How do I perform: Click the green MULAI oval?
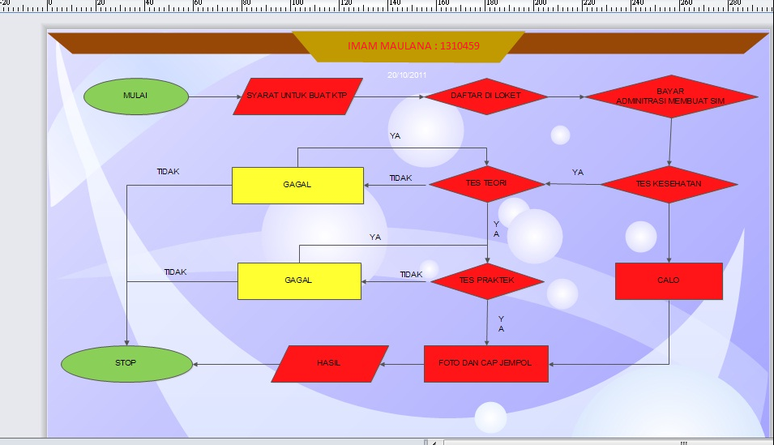pyautogui.click(x=136, y=96)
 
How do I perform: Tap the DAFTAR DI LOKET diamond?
pyautogui.click(x=485, y=96)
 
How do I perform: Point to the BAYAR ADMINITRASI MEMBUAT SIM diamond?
pyautogui.click(x=670, y=96)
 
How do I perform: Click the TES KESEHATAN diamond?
pyautogui.click(x=669, y=184)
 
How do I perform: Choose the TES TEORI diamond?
pyautogui.click(x=486, y=184)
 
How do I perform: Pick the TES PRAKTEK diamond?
pyautogui.click(x=487, y=281)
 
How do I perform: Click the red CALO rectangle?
pyautogui.click(x=669, y=281)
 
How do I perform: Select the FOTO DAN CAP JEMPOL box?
pyautogui.click(x=486, y=363)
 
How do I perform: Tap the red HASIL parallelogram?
pyautogui.click(x=329, y=363)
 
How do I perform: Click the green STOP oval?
pyautogui.click(x=126, y=363)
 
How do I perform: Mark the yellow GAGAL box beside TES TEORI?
pyautogui.click(x=297, y=186)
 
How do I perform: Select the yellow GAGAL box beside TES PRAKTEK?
pyautogui.click(x=299, y=281)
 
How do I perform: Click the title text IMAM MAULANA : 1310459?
pyautogui.click(x=413, y=46)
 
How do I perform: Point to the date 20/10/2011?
pyautogui.click(x=407, y=75)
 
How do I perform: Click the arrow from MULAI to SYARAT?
pyautogui.click(x=216, y=97)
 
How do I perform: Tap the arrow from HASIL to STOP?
pyautogui.click(x=233, y=364)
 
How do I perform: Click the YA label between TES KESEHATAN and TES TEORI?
pyautogui.click(x=577, y=173)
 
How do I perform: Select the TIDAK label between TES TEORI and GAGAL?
pyautogui.click(x=400, y=178)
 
